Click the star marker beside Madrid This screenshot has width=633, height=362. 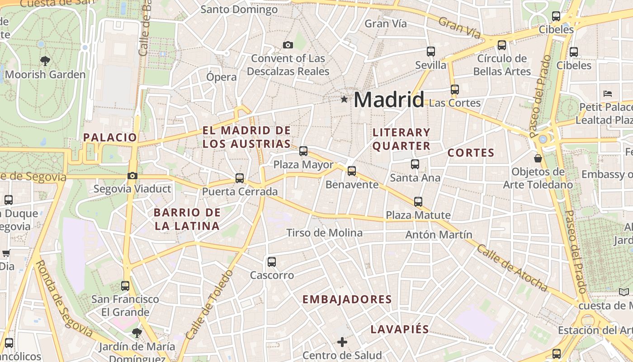click(x=344, y=99)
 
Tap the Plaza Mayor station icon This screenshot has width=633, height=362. click(x=303, y=151)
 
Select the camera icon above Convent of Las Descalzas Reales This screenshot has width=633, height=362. click(x=288, y=45)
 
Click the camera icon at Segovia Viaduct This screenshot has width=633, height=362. click(x=132, y=176)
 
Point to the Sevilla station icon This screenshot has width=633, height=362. click(x=431, y=52)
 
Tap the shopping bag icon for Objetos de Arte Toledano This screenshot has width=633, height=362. click(x=538, y=158)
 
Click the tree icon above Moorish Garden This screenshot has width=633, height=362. click(x=45, y=60)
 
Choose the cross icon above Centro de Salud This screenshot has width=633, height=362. click(x=342, y=342)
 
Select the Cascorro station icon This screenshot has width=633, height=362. click(x=272, y=262)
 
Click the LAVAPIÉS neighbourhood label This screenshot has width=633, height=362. click(x=400, y=329)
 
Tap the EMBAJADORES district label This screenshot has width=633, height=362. click(x=347, y=299)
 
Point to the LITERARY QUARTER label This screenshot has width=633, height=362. click(x=402, y=139)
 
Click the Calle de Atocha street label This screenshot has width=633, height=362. click(x=512, y=268)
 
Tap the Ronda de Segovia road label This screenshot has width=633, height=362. click(x=63, y=299)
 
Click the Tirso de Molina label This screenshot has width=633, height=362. click(x=324, y=233)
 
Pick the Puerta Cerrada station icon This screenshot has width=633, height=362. click(x=240, y=178)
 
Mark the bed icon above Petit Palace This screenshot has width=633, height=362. click(x=608, y=94)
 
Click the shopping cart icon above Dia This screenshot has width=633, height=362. click(x=6, y=253)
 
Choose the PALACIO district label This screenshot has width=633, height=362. click(x=110, y=138)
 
